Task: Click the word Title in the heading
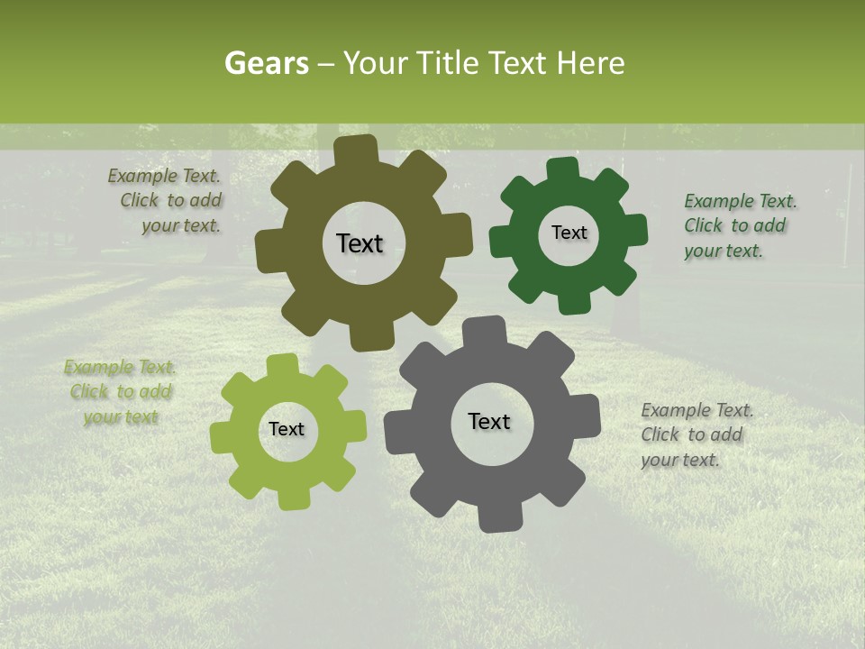[x=449, y=63]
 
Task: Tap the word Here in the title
[x=591, y=63]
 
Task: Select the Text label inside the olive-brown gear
[x=360, y=243]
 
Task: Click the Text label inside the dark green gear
[x=569, y=233]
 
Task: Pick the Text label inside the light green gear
[x=287, y=430]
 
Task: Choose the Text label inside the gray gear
[x=489, y=422]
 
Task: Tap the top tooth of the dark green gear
[x=563, y=169]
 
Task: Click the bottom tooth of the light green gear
[x=289, y=498]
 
